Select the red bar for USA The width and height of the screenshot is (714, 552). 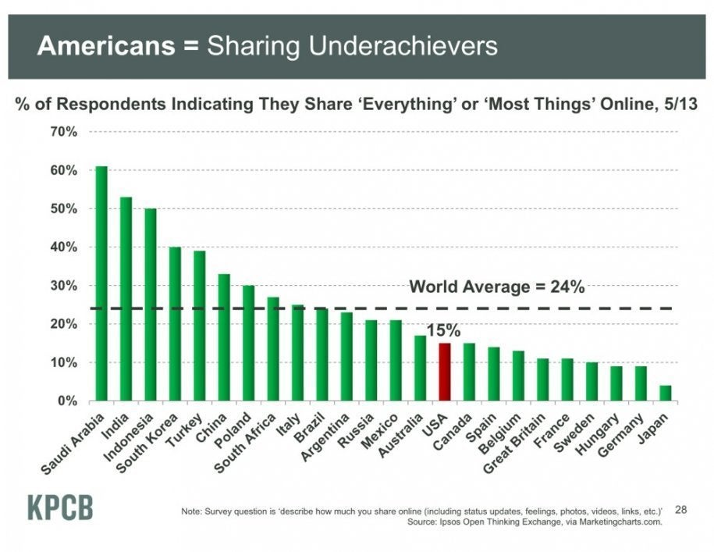pyautogui.click(x=445, y=372)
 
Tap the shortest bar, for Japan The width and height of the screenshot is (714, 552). pyautogui.click(x=665, y=393)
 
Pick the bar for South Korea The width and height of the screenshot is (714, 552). pyautogui.click(x=175, y=323)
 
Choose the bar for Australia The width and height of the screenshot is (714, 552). pyautogui.click(x=420, y=368)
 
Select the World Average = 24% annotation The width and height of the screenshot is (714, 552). pyautogui.click(x=497, y=287)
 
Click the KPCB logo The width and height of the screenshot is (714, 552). pyautogui.click(x=60, y=507)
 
